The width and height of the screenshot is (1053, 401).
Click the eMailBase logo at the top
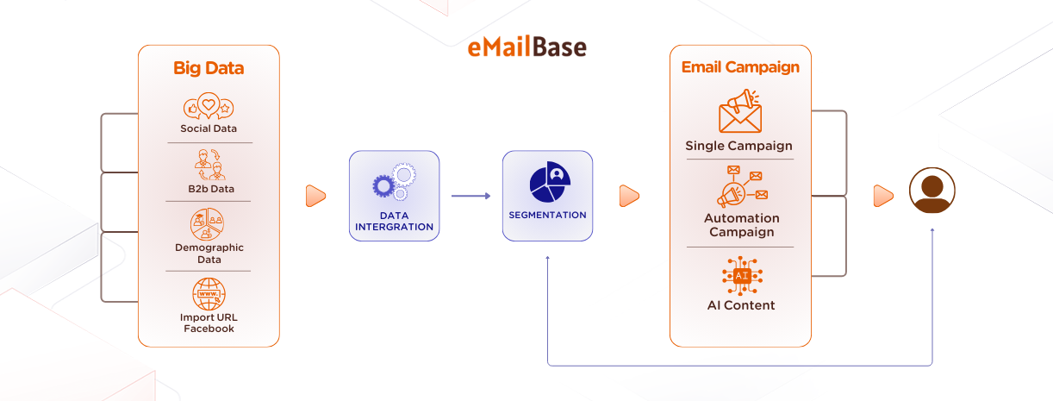[x=526, y=47]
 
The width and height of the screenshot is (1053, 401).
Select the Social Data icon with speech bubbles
[x=209, y=107]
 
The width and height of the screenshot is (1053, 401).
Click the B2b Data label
[x=209, y=188]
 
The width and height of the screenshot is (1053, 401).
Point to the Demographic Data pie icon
[x=208, y=224]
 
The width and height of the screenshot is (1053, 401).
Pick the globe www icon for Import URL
[x=209, y=294]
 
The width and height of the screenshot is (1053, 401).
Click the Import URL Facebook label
[x=209, y=323]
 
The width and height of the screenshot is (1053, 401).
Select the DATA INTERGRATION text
[x=394, y=221]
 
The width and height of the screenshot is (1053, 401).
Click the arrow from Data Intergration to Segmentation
[x=470, y=197]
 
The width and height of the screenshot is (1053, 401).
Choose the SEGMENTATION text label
[x=548, y=215]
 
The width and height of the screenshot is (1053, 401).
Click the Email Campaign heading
[x=740, y=67]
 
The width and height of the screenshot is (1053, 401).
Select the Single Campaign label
[x=738, y=146]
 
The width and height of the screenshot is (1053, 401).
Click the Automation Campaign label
[x=741, y=225]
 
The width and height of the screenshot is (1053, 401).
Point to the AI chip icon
[x=741, y=276]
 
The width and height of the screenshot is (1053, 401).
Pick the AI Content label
[x=741, y=305]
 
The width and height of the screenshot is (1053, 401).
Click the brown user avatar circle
[x=932, y=191]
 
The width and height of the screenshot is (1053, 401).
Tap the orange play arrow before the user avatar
[x=883, y=197]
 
